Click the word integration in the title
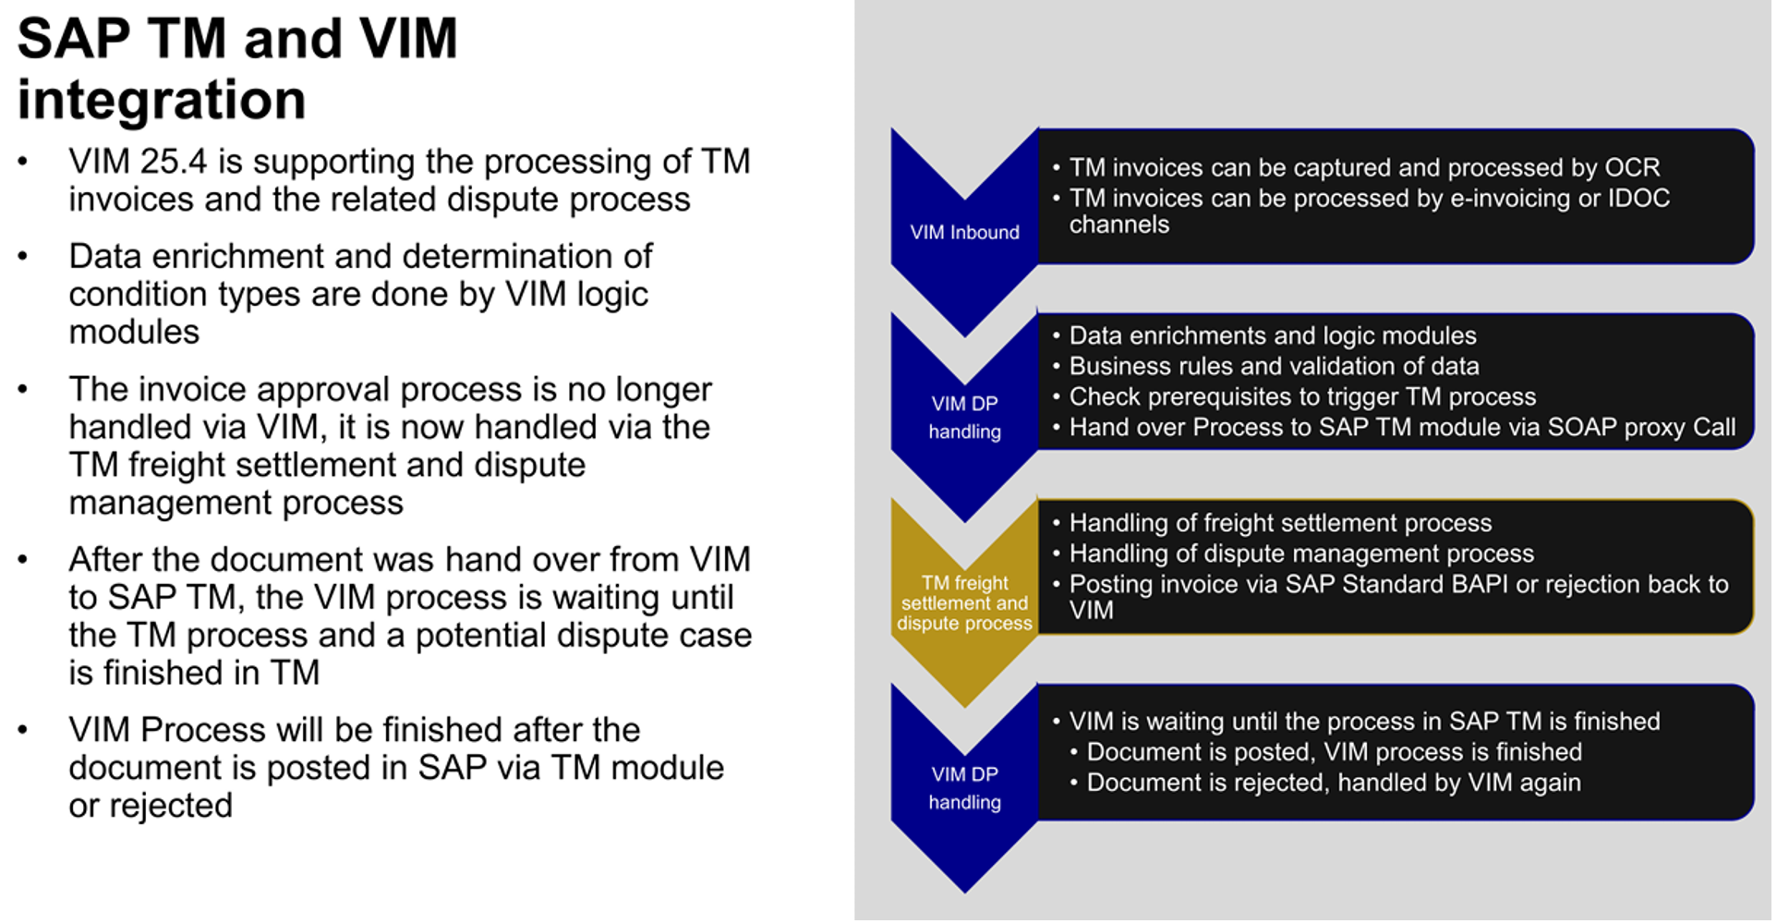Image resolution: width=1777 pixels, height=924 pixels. click(162, 100)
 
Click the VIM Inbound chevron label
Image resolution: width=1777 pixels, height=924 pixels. click(964, 233)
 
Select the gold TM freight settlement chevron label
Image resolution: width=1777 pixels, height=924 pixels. click(964, 603)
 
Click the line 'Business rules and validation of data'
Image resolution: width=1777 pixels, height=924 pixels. click(1275, 367)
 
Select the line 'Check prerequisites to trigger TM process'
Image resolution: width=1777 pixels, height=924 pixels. click(1302, 397)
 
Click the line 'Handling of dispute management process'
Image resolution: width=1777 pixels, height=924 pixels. click(1301, 554)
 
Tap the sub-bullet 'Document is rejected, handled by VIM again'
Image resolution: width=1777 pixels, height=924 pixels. click(1334, 784)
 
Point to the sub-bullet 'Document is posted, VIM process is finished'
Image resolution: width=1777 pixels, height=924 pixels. click(1335, 752)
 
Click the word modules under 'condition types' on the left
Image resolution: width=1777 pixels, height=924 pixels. click(134, 333)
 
